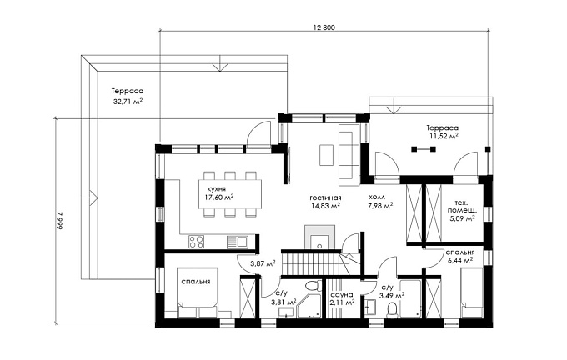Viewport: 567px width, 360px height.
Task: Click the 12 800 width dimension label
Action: coord(324,27)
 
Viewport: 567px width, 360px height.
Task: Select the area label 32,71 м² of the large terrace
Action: coord(128,102)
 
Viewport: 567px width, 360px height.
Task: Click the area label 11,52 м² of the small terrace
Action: coord(444,137)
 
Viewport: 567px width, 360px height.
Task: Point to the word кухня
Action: coord(217,189)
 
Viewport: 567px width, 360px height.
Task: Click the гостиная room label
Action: coord(325,197)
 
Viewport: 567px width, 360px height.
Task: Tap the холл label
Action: coord(377,197)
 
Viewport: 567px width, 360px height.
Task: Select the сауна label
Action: coord(342,294)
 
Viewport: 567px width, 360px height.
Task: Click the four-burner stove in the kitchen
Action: coord(197,241)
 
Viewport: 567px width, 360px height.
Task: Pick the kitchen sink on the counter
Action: coord(237,241)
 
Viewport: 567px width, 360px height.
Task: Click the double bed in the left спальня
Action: coord(198,292)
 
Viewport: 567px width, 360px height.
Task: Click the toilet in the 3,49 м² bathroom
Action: coord(392,310)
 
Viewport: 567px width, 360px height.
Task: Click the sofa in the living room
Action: coord(349,156)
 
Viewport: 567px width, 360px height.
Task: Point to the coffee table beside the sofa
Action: coord(327,155)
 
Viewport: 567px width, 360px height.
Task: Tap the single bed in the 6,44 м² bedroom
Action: coord(472,292)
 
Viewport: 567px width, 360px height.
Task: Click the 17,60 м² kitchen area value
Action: coord(218,197)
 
